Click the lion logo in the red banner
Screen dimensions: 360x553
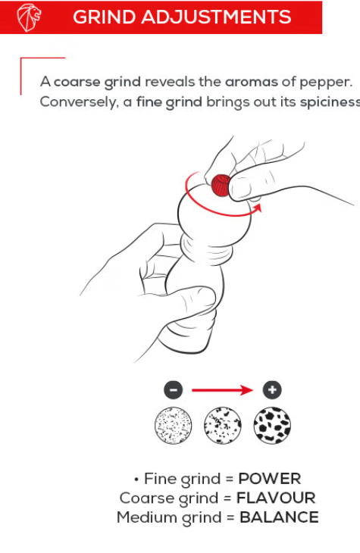(29, 17)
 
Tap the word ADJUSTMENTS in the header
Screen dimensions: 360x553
(216, 17)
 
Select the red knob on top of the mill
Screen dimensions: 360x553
(221, 185)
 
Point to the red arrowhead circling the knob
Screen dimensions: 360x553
(258, 208)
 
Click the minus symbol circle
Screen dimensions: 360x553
(174, 390)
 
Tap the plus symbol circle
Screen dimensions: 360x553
(272, 390)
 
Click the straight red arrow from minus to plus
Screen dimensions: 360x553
(223, 390)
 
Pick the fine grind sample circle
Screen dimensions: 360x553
(174, 425)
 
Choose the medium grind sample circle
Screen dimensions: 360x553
(223, 425)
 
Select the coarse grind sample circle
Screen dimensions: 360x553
(272, 425)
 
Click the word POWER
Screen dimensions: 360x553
(270, 479)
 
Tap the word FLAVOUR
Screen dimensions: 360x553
(276, 498)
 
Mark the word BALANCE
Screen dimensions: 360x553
(279, 517)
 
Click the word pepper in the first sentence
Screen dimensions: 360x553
(326, 83)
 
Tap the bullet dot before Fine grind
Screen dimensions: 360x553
(136, 480)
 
